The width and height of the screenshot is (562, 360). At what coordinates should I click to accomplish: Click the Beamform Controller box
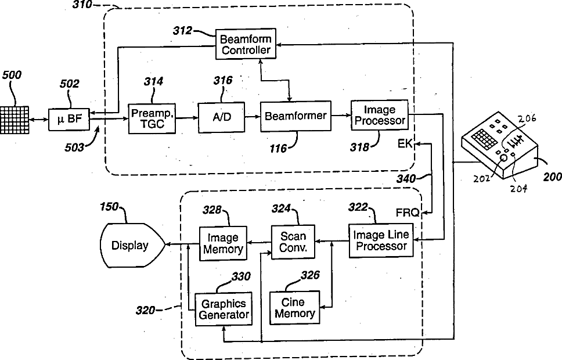(x=246, y=44)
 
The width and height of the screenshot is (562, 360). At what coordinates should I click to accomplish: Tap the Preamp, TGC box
(x=152, y=117)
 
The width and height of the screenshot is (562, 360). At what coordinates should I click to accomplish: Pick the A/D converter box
(x=221, y=116)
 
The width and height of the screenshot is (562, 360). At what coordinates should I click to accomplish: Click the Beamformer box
(x=296, y=116)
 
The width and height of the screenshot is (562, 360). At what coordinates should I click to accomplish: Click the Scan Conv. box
(x=293, y=242)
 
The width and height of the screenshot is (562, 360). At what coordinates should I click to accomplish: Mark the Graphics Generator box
(x=224, y=309)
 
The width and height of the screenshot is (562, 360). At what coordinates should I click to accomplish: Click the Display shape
(x=131, y=245)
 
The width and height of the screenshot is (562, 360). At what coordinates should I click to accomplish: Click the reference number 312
(x=183, y=31)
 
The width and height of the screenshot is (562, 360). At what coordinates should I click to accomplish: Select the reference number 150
(x=109, y=206)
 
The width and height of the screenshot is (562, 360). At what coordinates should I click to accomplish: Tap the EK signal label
(x=405, y=143)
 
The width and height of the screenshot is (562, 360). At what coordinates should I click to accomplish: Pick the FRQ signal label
(x=408, y=213)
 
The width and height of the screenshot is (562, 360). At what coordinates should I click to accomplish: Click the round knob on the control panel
(x=503, y=157)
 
